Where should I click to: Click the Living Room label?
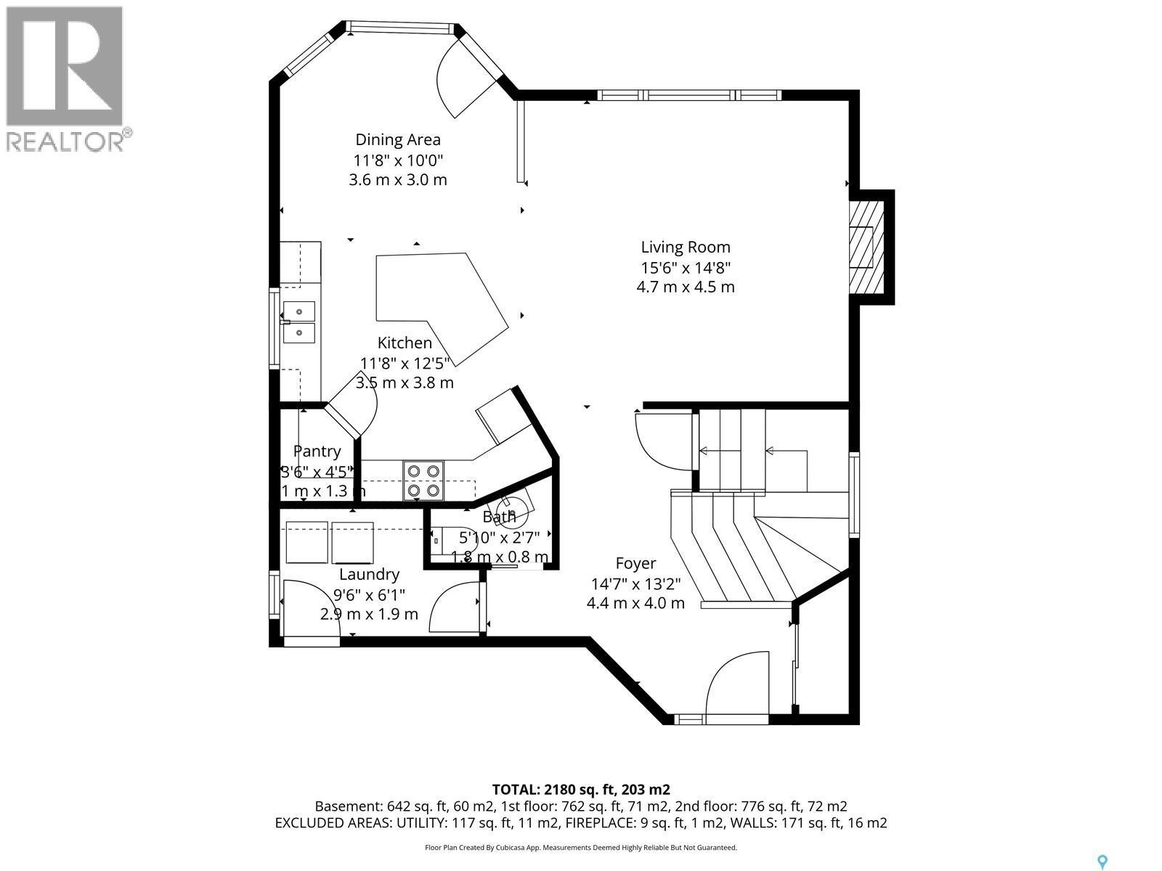685,248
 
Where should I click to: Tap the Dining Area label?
397,139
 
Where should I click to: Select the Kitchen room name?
405,343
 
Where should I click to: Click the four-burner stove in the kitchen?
423,481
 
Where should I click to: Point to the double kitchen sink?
299,322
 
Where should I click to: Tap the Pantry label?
317,451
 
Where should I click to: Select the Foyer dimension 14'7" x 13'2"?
635,583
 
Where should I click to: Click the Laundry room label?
369,574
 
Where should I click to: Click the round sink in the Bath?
517,512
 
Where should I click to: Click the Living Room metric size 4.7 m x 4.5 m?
685,287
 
